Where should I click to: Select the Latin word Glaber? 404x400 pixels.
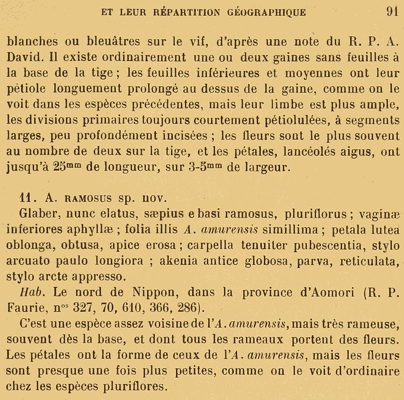click(37, 213)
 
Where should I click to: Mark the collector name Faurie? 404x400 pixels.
click(26, 308)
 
